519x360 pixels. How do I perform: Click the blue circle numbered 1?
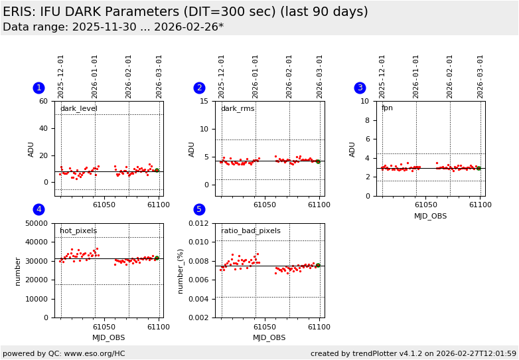[38, 88]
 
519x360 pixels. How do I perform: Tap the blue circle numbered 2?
[199, 88]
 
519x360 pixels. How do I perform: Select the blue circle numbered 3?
[360, 88]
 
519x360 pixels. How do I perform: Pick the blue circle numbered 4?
[38, 210]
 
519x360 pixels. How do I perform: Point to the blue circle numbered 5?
[199, 210]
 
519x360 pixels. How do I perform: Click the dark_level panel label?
[78, 109]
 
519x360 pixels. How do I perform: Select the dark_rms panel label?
[238, 109]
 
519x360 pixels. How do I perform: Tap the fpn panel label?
[387, 108]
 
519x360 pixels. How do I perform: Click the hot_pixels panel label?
[78, 231]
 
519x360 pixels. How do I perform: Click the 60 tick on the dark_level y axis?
[43, 102]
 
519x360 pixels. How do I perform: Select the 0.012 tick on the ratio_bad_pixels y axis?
[198, 224]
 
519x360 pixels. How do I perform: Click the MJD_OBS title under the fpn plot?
[430, 216]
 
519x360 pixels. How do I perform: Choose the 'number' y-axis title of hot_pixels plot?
[18, 271]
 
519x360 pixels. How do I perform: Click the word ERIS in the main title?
[19, 12]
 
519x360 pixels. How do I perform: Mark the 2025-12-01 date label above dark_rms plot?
[222, 76]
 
